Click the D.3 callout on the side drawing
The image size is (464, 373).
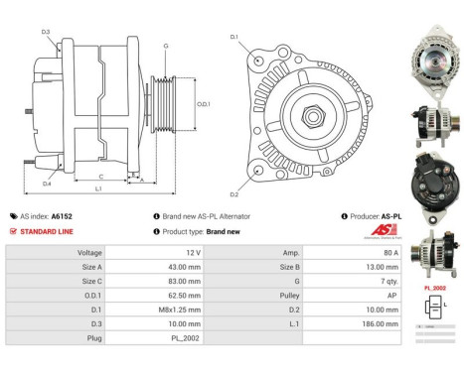(x=46, y=32)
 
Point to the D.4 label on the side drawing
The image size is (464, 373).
(x=47, y=183)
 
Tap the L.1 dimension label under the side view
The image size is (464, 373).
(x=98, y=188)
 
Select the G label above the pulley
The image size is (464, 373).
(x=165, y=46)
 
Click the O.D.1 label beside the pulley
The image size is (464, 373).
(x=203, y=102)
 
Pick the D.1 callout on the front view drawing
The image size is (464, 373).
(x=234, y=37)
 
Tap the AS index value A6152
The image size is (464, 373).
(x=61, y=215)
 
